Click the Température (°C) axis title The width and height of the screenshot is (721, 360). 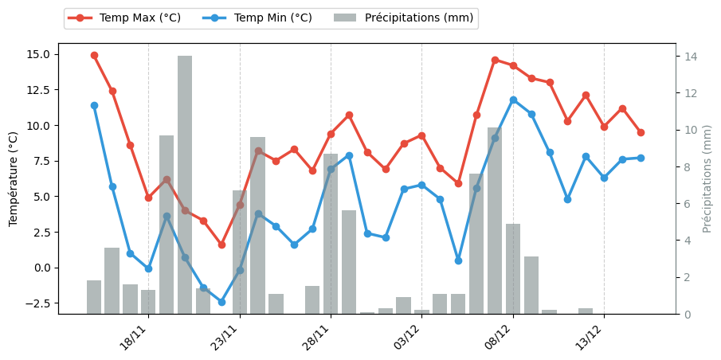(x=14, y=178)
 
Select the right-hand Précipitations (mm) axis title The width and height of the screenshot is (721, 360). (x=707, y=178)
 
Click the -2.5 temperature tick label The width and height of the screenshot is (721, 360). (x=37, y=303)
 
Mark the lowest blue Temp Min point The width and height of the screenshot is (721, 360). (x=221, y=302)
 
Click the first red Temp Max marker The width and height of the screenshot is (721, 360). (x=94, y=56)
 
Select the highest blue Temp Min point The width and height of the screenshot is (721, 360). (x=513, y=100)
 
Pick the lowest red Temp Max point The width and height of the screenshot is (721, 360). (x=221, y=245)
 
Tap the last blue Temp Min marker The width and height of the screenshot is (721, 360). (x=641, y=158)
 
